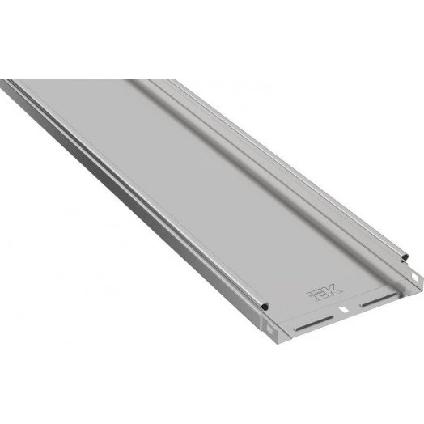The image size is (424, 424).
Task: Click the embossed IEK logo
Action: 324,292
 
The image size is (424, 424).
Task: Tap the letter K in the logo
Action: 333,290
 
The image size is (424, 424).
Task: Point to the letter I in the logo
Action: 311,294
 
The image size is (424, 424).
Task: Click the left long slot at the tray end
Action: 314,324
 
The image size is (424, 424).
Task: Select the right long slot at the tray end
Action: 379,299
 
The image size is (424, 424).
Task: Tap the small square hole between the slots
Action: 344,310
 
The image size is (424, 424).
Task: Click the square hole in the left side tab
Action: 269,329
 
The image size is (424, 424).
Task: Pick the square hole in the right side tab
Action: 414,277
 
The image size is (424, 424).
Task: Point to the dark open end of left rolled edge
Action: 265,307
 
